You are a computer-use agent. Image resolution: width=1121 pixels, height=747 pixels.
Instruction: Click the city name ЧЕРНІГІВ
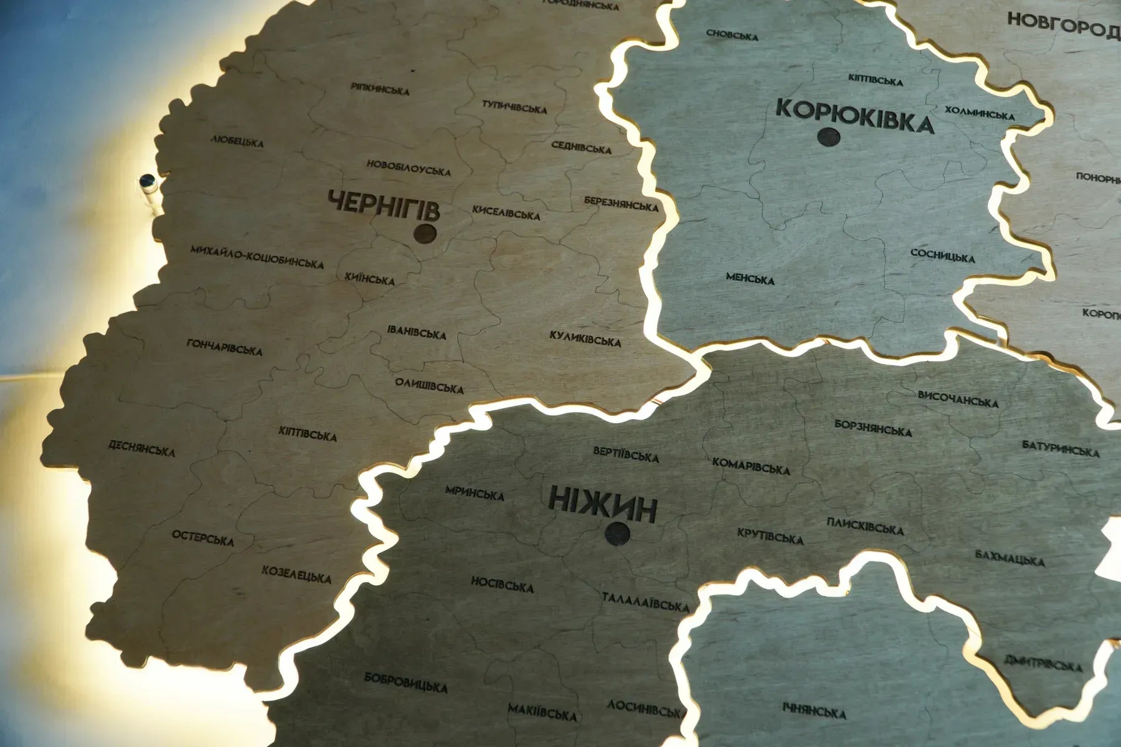[383, 206]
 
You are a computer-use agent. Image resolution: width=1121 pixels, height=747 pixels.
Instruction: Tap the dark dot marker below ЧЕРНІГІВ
[425, 235]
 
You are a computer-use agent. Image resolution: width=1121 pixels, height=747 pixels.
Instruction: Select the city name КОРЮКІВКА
[855, 117]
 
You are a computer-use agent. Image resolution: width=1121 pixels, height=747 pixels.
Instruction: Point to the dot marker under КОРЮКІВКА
[830, 137]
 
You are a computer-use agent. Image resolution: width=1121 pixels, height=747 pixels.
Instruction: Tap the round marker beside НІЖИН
[617, 533]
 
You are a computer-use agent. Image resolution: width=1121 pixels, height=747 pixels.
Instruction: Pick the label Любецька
[237, 141]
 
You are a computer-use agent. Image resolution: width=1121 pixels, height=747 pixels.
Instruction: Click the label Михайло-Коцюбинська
[257, 256]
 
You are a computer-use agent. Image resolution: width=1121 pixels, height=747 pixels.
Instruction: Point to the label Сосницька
[942, 255]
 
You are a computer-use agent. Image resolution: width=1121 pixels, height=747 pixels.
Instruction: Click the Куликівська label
[585, 339]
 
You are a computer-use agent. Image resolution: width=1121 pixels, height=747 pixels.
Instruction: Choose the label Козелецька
[296, 573]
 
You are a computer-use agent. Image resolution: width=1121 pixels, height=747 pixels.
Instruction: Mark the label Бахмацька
[1009, 558]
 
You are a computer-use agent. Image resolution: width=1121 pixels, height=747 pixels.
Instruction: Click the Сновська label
[732, 35]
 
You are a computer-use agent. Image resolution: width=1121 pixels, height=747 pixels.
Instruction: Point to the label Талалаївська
[645, 602]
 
